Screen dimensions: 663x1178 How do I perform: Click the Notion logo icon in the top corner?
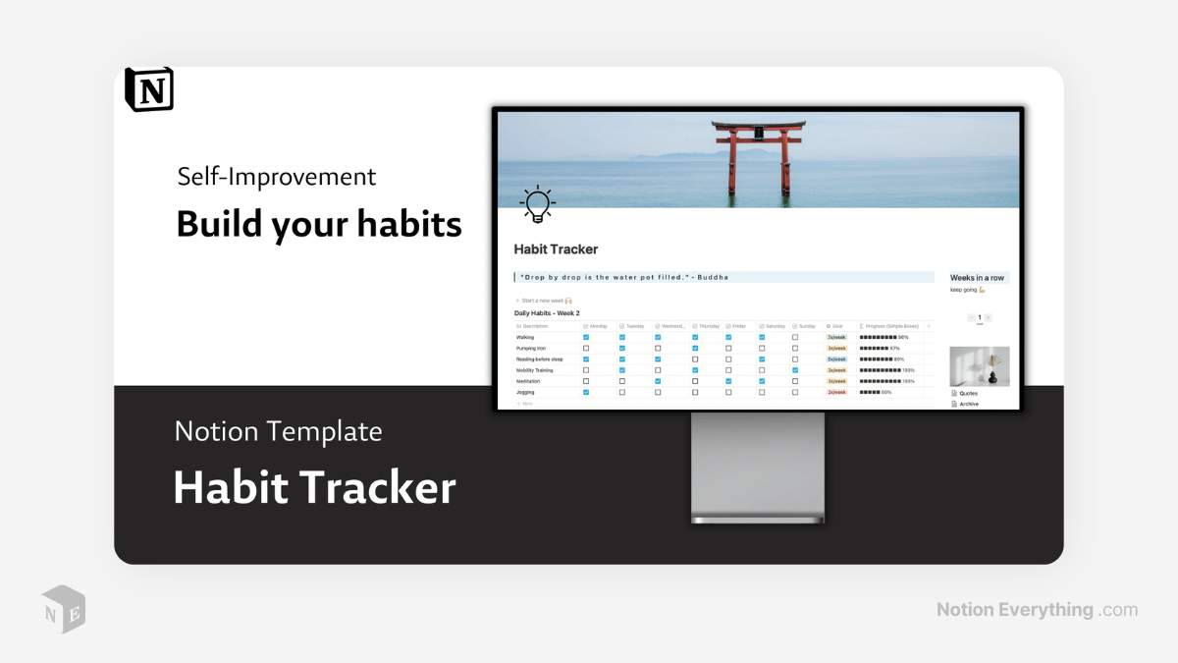click(149, 89)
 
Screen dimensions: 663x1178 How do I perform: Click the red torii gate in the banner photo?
click(759, 157)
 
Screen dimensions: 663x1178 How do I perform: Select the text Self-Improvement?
click(276, 177)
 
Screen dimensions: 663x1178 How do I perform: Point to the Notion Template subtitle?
click(278, 431)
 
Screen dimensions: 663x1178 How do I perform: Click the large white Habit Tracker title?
click(314, 488)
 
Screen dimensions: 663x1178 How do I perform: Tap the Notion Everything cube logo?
click(63, 609)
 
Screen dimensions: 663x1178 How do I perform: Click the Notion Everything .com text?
click(1037, 610)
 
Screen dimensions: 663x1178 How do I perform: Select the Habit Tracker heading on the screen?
click(556, 249)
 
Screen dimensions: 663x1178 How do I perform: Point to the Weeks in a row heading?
click(977, 278)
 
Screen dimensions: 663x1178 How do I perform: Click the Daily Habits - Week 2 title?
click(547, 313)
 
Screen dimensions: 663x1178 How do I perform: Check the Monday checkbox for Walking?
click(586, 337)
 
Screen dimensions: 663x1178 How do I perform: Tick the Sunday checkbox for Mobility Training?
click(795, 370)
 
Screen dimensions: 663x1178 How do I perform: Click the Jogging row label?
click(528, 392)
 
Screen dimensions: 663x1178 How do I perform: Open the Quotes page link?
click(968, 394)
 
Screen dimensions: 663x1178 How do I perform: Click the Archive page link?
click(968, 404)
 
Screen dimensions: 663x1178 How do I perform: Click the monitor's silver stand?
click(758, 467)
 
